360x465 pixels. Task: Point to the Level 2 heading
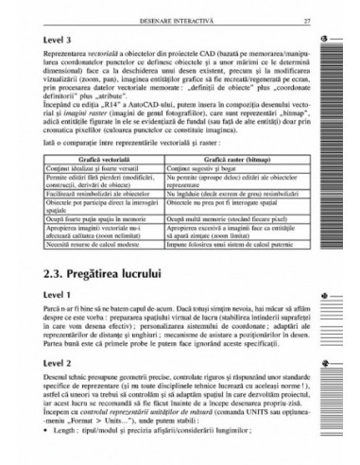pos(60,363)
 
